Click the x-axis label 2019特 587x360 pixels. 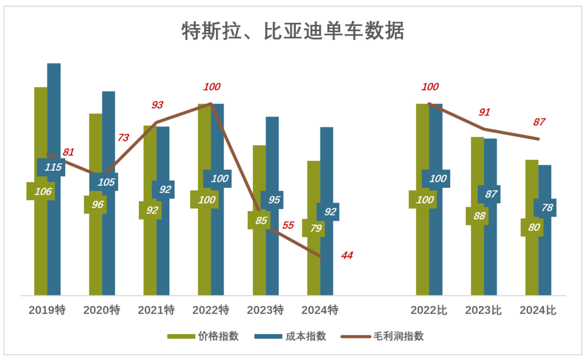click(47, 310)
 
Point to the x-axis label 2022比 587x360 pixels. click(429, 310)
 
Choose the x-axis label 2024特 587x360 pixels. click(319, 310)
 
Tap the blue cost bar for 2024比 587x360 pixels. click(545, 258)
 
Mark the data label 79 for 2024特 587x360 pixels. click(315, 228)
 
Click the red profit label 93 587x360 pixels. click(157, 105)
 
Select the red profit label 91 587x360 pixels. click(484, 112)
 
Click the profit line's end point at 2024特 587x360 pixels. click(321, 256)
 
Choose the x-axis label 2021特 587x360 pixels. click(156, 310)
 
